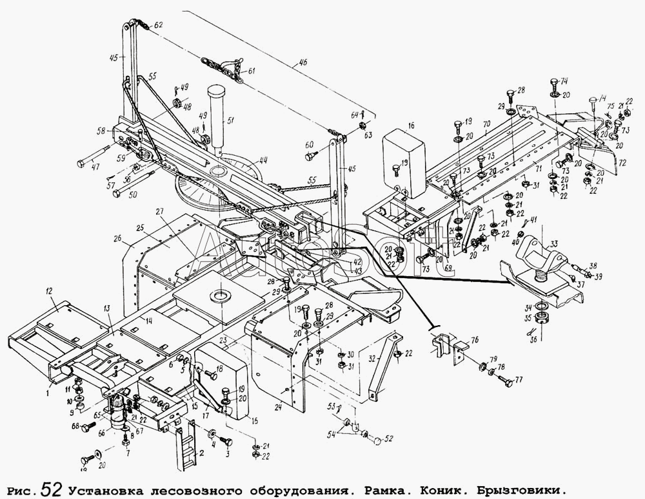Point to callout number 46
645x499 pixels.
pos(304,63)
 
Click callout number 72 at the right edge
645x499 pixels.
pos(622,165)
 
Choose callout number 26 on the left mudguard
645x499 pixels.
pos(117,239)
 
